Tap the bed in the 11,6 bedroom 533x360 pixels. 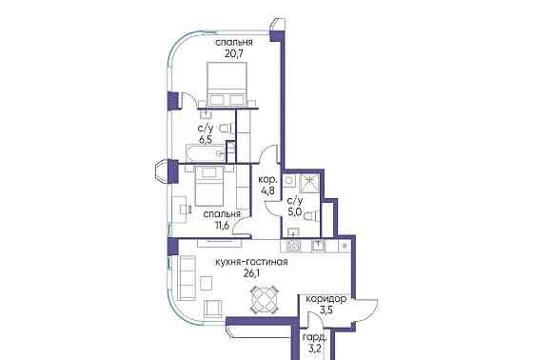(210, 186)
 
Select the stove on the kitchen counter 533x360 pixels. (294, 246)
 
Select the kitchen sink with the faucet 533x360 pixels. (320, 246)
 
